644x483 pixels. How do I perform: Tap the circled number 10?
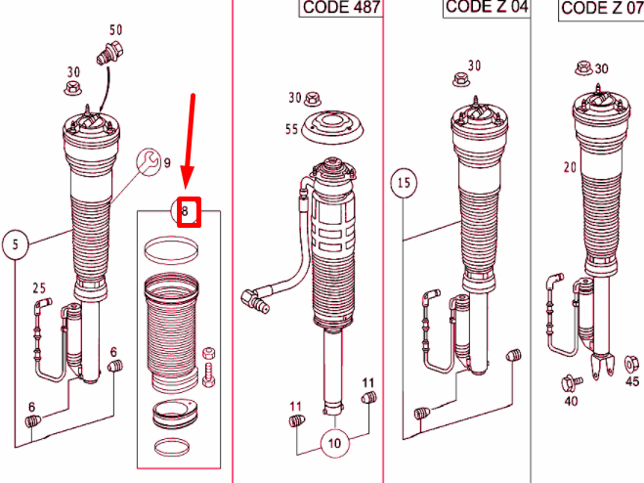(x=335, y=443)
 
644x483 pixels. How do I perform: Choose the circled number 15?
(x=405, y=183)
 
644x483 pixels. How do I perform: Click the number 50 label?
(x=116, y=31)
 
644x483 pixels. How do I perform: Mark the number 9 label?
(x=167, y=162)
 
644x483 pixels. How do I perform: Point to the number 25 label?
(x=39, y=287)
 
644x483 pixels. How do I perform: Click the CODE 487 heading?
(x=339, y=9)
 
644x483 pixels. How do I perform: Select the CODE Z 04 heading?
(x=487, y=7)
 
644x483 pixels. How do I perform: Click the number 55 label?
(x=290, y=128)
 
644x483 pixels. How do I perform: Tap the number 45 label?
(x=631, y=382)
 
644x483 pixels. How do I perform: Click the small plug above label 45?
(x=630, y=364)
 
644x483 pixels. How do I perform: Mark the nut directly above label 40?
(x=569, y=382)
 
